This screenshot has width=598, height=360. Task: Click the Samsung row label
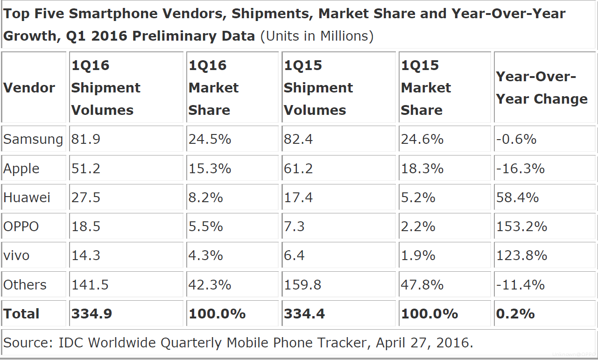pos(33,139)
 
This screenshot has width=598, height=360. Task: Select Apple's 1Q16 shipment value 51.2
pos(86,168)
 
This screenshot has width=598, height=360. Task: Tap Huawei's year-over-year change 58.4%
pos(517,198)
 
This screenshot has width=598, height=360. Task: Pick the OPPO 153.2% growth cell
pos(521,226)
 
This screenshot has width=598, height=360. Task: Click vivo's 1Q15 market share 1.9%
pos(418,255)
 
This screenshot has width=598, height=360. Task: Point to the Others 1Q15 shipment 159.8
pos(303,285)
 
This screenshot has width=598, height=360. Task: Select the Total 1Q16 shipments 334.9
pos(91,314)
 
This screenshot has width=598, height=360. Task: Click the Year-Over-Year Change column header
pos(542,88)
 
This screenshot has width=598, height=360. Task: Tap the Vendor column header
pos(29,88)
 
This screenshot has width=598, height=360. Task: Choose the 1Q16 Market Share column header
pos(213,88)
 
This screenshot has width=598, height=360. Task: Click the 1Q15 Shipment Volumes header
pos(318,88)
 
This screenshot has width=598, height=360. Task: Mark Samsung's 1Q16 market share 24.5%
pos(210,139)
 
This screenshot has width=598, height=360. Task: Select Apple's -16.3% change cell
pos(520,168)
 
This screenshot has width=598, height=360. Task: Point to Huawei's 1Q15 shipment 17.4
pos(298,198)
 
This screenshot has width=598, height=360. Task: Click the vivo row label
pos(16,255)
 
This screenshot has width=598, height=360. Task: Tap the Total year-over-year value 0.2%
pos(515,314)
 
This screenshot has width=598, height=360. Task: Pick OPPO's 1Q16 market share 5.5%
pos(205,226)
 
